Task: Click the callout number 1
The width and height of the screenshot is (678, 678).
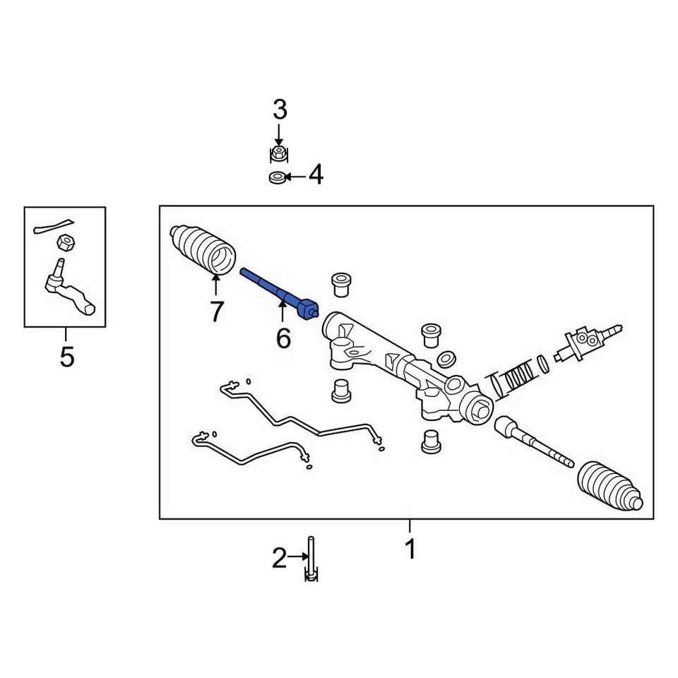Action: click(x=410, y=549)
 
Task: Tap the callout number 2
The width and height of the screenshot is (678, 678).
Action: click(x=280, y=559)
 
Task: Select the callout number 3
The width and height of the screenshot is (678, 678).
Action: click(x=280, y=110)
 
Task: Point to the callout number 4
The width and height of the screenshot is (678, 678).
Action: click(x=316, y=174)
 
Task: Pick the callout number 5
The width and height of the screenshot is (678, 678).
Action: click(x=66, y=357)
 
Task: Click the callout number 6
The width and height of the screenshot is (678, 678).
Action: click(x=282, y=338)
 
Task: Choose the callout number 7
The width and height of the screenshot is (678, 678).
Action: click(x=216, y=311)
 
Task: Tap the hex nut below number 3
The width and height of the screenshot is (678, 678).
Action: click(x=280, y=154)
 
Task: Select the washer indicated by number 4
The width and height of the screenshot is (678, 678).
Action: click(x=279, y=176)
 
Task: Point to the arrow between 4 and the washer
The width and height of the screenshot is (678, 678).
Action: click(x=297, y=175)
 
